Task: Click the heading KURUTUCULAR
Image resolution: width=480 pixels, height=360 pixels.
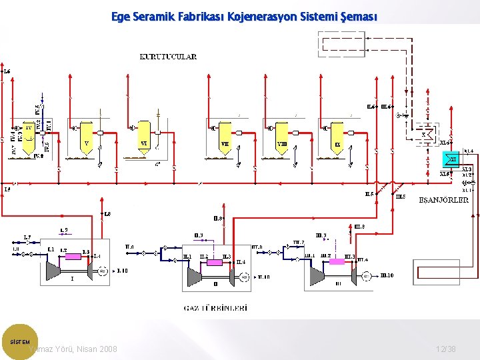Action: pyautogui.click(x=168, y=57)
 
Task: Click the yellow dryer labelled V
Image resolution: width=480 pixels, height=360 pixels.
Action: pyautogui.click(x=85, y=137)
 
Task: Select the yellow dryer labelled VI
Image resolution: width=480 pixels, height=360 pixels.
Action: pyautogui.click(x=144, y=137)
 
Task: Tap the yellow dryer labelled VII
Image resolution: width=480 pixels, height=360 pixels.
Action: pyautogui.click(x=225, y=137)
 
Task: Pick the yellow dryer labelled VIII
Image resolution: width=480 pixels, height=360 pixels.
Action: pyautogui.click(x=282, y=137)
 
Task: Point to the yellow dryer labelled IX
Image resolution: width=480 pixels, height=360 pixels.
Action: pyautogui.click(x=337, y=137)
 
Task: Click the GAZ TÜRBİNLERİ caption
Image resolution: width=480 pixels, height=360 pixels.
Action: pyautogui.click(x=215, y=308)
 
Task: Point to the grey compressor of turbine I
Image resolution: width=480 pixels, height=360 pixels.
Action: pyautogui.click(x=51, y=269)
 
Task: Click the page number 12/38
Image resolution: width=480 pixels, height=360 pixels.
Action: pyautogui.click(x=445, y=349)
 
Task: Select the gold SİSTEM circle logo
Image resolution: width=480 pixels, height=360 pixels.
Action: pyautogui.click(x=20, y=341)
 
